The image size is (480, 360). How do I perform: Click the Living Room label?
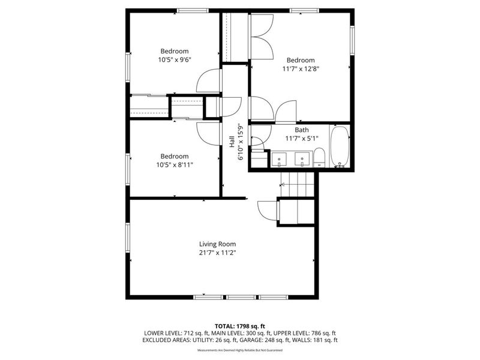(x=217, y=244)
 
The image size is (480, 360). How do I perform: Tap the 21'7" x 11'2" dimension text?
(x=217, y=253)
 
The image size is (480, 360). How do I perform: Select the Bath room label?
(x=301, y=130)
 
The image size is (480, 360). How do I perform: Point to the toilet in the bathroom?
(x=320, y=158)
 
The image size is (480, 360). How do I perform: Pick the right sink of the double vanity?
(x=302, y=158)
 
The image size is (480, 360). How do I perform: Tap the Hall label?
(x=232, y=142)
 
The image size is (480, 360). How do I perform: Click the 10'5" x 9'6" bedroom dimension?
(x=174, y=60)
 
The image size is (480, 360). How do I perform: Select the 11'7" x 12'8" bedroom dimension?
(x=301, y=68)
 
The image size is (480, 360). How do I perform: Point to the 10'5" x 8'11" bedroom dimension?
(x=174, y=164)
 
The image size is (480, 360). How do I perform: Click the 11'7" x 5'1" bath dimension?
(x=301, y=139)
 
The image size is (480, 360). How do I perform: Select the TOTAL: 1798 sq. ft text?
(x=240, y=326)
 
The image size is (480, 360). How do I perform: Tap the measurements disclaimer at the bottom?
(x=240, y=350)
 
